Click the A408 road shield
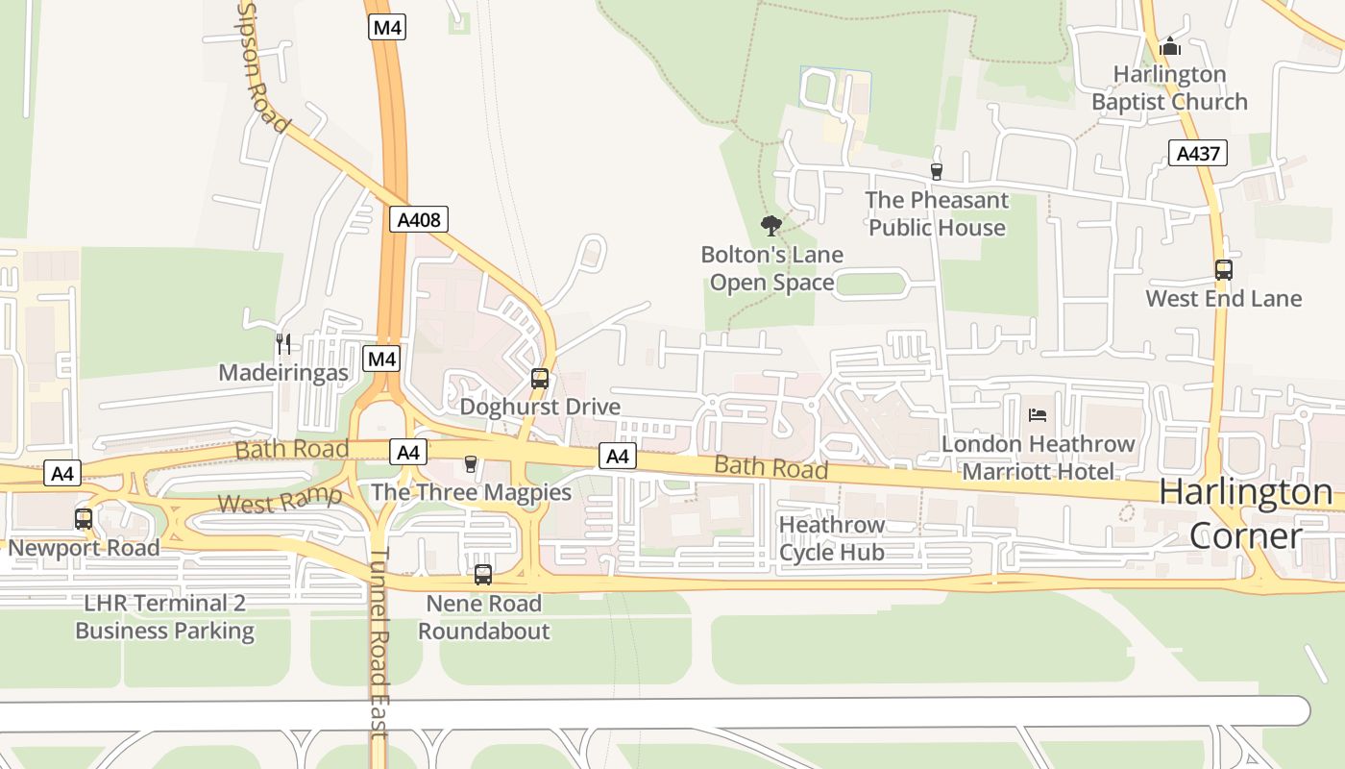click(419, 219)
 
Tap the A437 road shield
click(1198, 152)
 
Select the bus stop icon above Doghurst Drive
click(540, 379)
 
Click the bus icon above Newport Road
click(84, 519)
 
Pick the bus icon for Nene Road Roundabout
click(483, 575)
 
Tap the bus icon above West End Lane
click(1223, 270)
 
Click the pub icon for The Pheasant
click(937, 171)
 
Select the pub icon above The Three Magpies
click(470, 464)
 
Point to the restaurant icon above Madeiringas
click(283, 343)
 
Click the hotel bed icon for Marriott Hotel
click(1038, 415)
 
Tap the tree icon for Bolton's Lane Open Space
click(770, 226)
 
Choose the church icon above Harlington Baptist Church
click(1169, 45)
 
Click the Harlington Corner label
click(1246, 513)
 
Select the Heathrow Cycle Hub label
click(832, 538)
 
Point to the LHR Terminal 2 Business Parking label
click(164, 617)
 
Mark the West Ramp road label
click(279, 501)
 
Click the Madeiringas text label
click(283, 373)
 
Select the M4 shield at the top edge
click(386, 27)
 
